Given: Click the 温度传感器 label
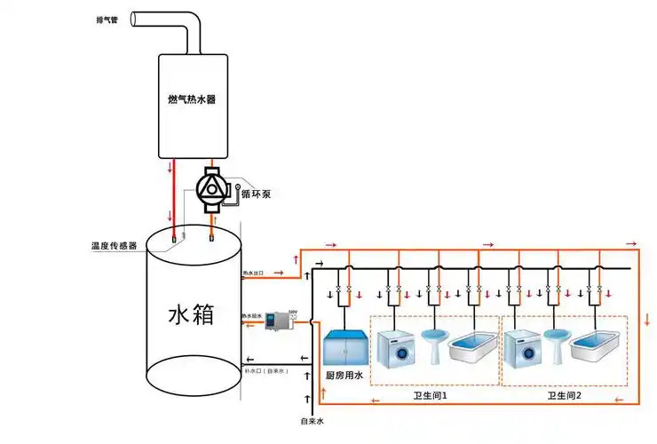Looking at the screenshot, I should [x=114, y=245].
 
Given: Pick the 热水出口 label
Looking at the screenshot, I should [x=254, y=274].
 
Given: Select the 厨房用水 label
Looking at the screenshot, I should [x=344, y=377].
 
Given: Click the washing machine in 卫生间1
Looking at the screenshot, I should [x=396, y=348].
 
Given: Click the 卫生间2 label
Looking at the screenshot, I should [x=564, y=395].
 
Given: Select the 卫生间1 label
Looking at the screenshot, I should [x=431, y=395].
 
